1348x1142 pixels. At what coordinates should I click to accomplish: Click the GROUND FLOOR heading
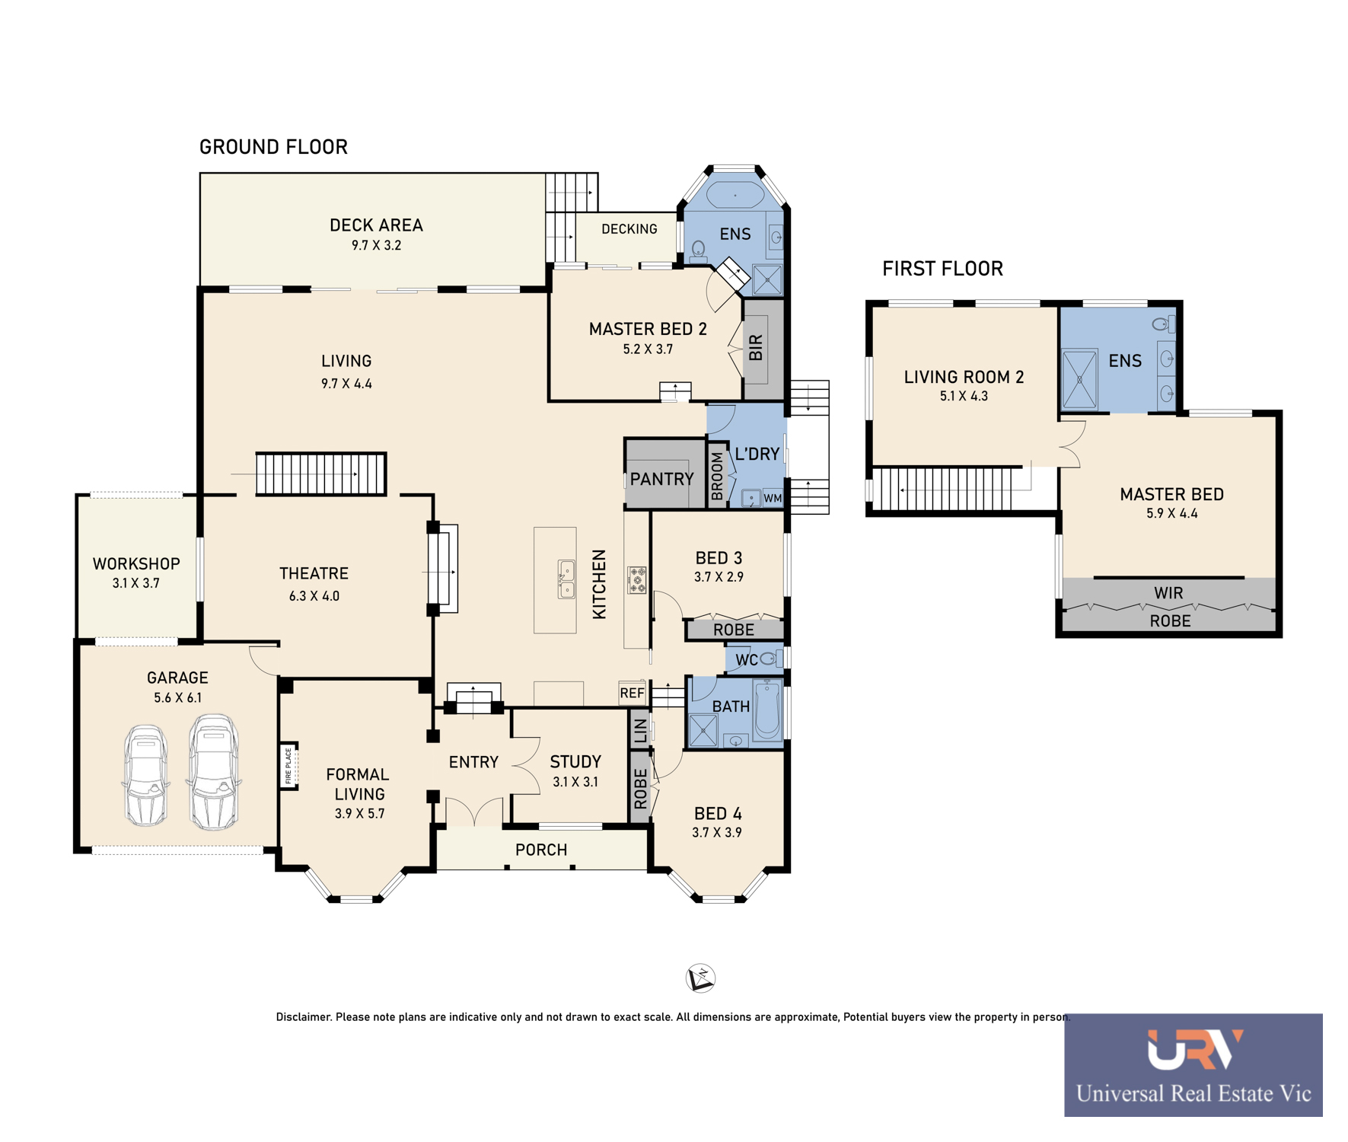(273, 147)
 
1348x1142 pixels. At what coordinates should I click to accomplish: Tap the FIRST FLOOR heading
(942, 269)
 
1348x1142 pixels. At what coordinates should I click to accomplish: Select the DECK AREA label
(376, 225)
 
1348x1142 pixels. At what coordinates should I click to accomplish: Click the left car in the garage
(146, 775)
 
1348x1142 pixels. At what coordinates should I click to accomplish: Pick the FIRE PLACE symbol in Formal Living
(288, 766)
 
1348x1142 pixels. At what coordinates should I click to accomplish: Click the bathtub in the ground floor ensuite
(735, 195)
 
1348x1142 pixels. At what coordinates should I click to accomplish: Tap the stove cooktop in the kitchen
(637, 580)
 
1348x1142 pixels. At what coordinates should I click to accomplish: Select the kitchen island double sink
(566, 579)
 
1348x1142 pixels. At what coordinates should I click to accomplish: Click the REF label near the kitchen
(632, 693)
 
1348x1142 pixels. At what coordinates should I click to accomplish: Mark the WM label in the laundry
(773, 499)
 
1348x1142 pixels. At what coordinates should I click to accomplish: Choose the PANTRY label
(661, 479)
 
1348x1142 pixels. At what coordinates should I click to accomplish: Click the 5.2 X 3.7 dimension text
(648, 349)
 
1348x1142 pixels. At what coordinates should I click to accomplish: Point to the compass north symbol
(700, 978)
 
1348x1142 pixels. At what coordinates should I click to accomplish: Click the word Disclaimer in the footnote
(304, 1017)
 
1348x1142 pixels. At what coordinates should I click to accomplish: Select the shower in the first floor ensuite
(1079, 379)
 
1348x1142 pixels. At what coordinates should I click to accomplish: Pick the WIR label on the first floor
(1168, 593)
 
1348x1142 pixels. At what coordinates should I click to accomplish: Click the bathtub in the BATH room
(768, 710)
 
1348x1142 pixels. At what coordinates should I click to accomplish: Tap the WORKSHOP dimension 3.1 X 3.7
(136, 583)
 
